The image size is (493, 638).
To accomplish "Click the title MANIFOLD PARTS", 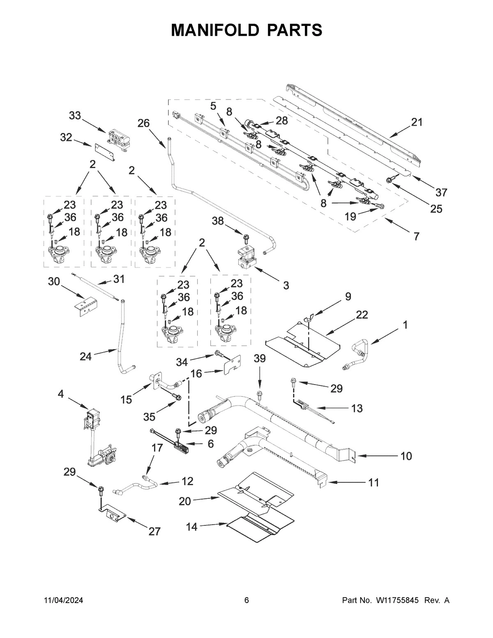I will click(246, 30).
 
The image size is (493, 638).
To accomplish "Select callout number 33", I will click(75, 116).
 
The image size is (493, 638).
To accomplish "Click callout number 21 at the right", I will click(417, 122).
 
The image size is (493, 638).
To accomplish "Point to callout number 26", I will click(143, 123).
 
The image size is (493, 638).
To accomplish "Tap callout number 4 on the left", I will click(61, 394).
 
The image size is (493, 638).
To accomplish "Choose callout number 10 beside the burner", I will click(406, 456).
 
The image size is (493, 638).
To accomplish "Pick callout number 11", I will click(373, 482).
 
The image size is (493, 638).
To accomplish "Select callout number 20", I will click(185, 501).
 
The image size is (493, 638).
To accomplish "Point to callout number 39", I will click(259, 359).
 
